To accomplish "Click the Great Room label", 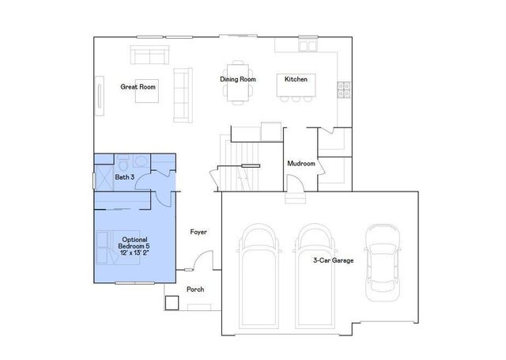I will click(x=138, y=86).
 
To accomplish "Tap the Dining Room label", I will click(x=236, y=79).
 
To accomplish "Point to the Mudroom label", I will click(x=301, y=164).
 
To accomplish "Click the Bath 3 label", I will click(x=125, y=177).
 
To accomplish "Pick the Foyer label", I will click(x=198, y=232).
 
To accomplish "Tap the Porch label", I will click(x=195, y=290).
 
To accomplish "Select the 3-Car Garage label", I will click(x=332, y=259).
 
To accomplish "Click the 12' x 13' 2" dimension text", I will click(x=134, y=252).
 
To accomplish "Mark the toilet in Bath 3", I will click(x=123, y=162).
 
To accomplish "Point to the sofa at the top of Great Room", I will click(x=150, y=55).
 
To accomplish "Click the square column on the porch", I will click(x=171, y=302).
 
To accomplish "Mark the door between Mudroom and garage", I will click(x=293, y=192).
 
